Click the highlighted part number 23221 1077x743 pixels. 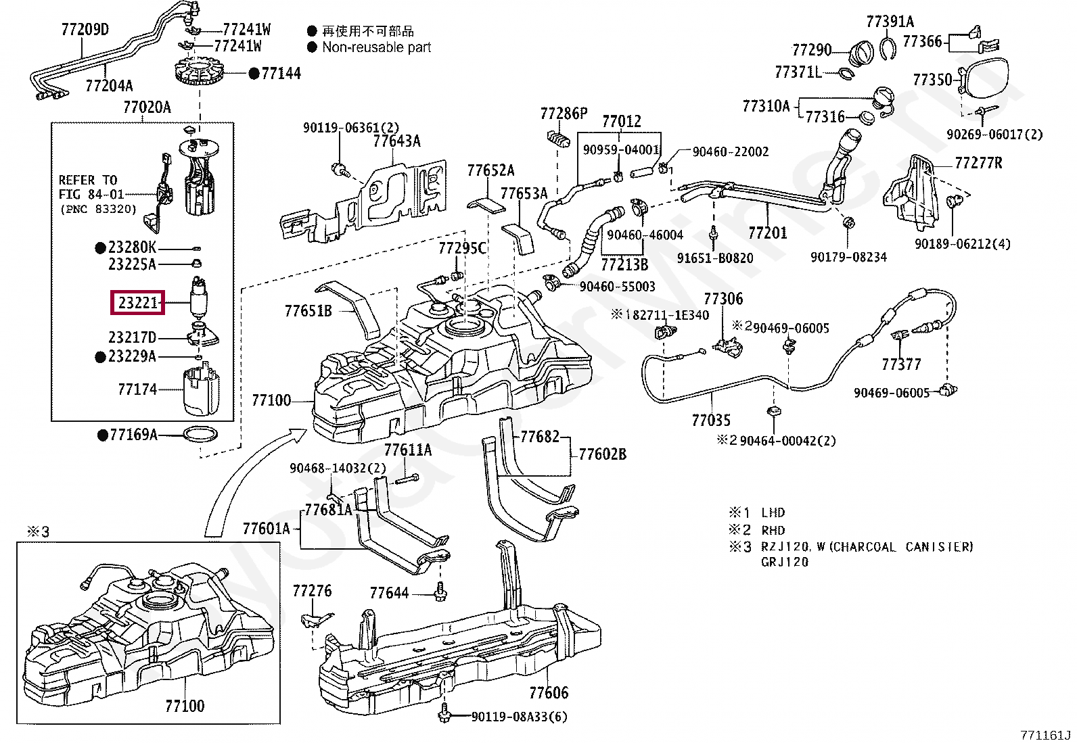point(138,304)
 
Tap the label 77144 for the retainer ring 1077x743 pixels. point(281,74)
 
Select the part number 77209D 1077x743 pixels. point(85,30)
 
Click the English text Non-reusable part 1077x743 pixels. point(376,47)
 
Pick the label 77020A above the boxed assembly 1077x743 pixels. point(147,107)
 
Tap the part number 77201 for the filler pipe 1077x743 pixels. point(768,233)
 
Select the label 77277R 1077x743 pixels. point(978,163)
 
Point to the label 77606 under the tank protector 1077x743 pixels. point(549,692)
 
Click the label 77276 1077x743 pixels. point(312,591)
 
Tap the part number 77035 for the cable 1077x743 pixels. point(711,420)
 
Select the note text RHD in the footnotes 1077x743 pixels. point(773,530)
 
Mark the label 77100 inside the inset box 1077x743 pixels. point(185,706)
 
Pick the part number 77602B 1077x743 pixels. point(602,454)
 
